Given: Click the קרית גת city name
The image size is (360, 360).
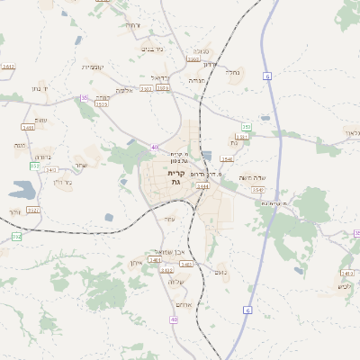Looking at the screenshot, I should (x=176, y=177).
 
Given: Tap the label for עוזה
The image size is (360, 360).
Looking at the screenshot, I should (x=169, y=219).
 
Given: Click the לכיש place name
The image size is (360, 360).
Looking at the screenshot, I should (x=343, y=286).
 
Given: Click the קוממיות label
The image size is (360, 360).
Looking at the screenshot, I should (x=94, y=67).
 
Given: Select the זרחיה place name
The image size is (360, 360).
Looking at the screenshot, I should (x=132, y=24).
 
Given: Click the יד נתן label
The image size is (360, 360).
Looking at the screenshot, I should (x=39, y=89).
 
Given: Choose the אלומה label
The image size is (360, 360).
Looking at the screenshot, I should (x=124, y=90).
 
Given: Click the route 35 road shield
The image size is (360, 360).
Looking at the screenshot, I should (x=85, y=98).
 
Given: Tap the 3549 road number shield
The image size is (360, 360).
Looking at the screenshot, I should (x=259, y=190).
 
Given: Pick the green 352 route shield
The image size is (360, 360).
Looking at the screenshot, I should (x=16, y=236).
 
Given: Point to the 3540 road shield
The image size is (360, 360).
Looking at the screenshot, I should (x=227, y=159).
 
